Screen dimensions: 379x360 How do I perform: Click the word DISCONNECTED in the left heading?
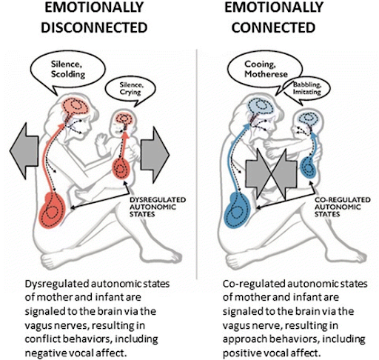point(94,27)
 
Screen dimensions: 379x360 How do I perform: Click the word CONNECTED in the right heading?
point(273,27)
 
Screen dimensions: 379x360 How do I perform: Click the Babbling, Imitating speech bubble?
point(306,91)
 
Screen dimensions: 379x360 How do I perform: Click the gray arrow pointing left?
point(24,151)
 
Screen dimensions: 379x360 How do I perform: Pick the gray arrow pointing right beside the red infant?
point(155,155)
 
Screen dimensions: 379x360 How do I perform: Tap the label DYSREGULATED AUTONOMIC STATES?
point(158,207)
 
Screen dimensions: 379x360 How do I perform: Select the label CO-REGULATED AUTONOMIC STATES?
point(343,207)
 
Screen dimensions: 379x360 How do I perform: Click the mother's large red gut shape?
point(53,210)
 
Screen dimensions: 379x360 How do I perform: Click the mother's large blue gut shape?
point(237,210)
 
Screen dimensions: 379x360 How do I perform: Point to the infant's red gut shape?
point(121,168)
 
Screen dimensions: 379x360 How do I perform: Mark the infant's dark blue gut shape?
point(308,167)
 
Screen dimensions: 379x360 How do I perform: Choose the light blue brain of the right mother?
point(261,106)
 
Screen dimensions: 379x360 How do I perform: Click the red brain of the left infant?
point(124,119)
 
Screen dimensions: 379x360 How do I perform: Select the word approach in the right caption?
point(242,339)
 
